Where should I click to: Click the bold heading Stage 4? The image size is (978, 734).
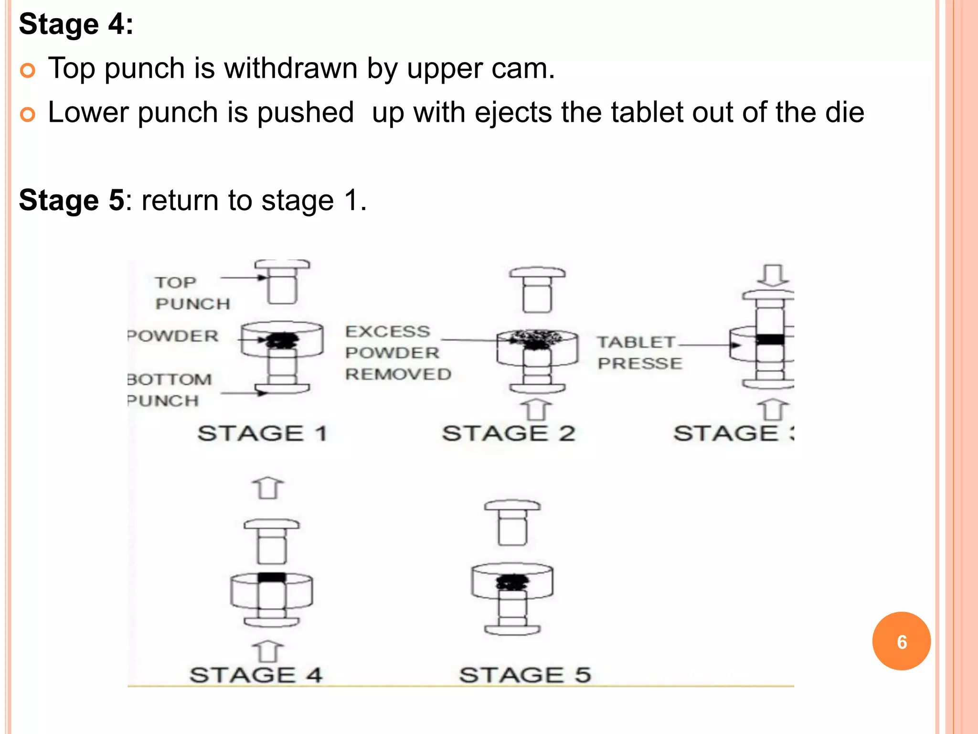point(76,24)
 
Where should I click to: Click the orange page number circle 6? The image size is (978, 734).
point(901,641)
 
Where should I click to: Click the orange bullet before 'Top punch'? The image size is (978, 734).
point(28,71)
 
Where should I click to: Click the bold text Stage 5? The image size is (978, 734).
point(72,200)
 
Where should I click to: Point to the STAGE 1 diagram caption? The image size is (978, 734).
point(262,433)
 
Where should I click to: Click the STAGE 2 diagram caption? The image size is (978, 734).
point(509,433)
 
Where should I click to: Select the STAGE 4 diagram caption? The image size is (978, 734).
point(256,675)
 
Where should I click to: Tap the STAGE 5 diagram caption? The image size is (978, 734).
point(525,675)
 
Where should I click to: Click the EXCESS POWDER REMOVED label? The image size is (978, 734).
point(397,353)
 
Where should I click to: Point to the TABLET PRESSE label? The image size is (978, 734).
point(639,353)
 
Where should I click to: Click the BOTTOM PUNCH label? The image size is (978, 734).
point(170,390)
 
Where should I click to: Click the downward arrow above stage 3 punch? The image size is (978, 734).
point(773,275)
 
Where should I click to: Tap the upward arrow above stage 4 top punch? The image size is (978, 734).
point(268,488)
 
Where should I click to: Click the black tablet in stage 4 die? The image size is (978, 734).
point(272,577)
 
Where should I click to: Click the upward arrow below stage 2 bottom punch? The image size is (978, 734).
point(536,410)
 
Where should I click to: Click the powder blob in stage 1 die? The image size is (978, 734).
point(282,340)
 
